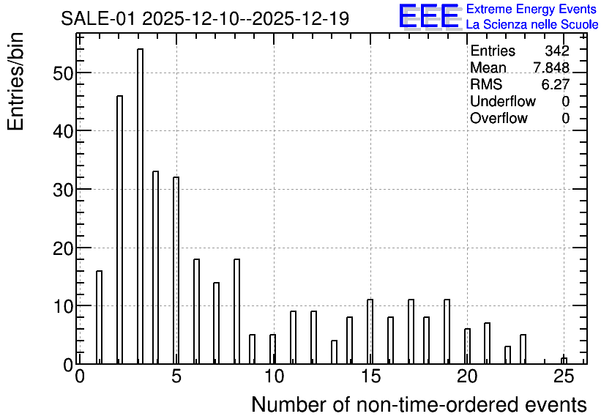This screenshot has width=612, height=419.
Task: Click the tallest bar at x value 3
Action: [x=140, y=206]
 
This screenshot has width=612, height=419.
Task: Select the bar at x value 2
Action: [x=120, y=229]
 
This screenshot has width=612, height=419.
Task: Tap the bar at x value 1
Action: [x=99, y=317]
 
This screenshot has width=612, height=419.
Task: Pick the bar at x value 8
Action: [x=236, y=311]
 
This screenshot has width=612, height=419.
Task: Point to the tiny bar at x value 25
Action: [x=564, y=361]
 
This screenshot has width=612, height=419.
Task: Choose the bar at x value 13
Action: [x=334, y=352]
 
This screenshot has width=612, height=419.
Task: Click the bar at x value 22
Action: [x=507, y=355]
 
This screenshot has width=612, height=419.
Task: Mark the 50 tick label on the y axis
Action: [x=63, y=73]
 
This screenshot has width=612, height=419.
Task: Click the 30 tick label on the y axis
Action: [x=63, y=190]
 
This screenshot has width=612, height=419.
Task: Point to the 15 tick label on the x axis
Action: [x=370, y=377]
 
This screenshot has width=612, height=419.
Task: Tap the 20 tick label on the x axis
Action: [x=467, y=377]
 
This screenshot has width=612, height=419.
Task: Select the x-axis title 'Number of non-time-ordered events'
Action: [x=419, y=404]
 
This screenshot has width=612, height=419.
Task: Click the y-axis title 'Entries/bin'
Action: [x=15, y=81]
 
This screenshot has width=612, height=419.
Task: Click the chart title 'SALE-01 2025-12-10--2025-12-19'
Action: [x=205, y=18]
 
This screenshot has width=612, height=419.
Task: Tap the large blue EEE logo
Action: [x=429, y=16]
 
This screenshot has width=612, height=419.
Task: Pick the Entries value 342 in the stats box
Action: [x=557, y=51]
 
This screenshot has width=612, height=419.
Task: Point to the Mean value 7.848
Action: [x=551, y=67]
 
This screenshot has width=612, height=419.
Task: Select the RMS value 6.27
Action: [x=556, y=84]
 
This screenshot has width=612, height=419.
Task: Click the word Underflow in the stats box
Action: [x=503, y=101]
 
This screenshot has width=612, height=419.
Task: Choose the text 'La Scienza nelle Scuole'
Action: [x=532, y=24]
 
